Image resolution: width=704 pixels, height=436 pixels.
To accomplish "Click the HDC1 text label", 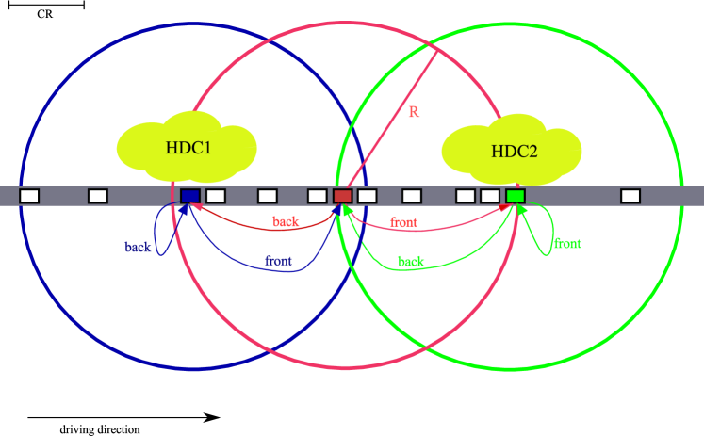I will (x=188, y=148).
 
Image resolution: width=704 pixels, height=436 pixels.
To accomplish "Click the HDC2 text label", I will (x=514, y=152).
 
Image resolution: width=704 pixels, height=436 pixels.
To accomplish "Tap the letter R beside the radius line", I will (x=414, y=112).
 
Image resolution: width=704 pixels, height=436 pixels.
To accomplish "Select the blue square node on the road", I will (x=190, y=196).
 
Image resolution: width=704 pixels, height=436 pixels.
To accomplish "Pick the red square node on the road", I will (x=342, y=196).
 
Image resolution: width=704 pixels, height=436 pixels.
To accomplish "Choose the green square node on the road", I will (x=516, y=196).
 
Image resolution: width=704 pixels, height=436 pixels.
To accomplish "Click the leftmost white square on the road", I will (x=29, y=196).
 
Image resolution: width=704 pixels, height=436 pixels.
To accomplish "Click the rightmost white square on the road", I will (x=630, y=196).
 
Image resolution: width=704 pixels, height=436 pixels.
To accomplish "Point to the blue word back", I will (x=139, y=247).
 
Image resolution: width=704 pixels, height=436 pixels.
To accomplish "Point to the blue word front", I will (x=278, y=260).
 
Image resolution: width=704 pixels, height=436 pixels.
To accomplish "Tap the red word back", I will (x=286, y=222).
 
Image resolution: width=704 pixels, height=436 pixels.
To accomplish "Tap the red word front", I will (x=403, y=223).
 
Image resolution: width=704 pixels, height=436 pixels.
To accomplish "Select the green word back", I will (x=411, y=262).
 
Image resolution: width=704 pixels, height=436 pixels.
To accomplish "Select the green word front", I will (x=566, y=244).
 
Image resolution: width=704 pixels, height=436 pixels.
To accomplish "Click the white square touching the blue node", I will (x=216, y=196).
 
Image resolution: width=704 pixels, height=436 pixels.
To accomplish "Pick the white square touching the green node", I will (x=490, y=196).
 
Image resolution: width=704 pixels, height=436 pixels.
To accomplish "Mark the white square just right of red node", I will (x=368, y=196).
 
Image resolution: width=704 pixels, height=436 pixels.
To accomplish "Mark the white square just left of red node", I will (x=318, y=196).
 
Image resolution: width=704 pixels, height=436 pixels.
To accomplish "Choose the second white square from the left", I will (x=98, y=196).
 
